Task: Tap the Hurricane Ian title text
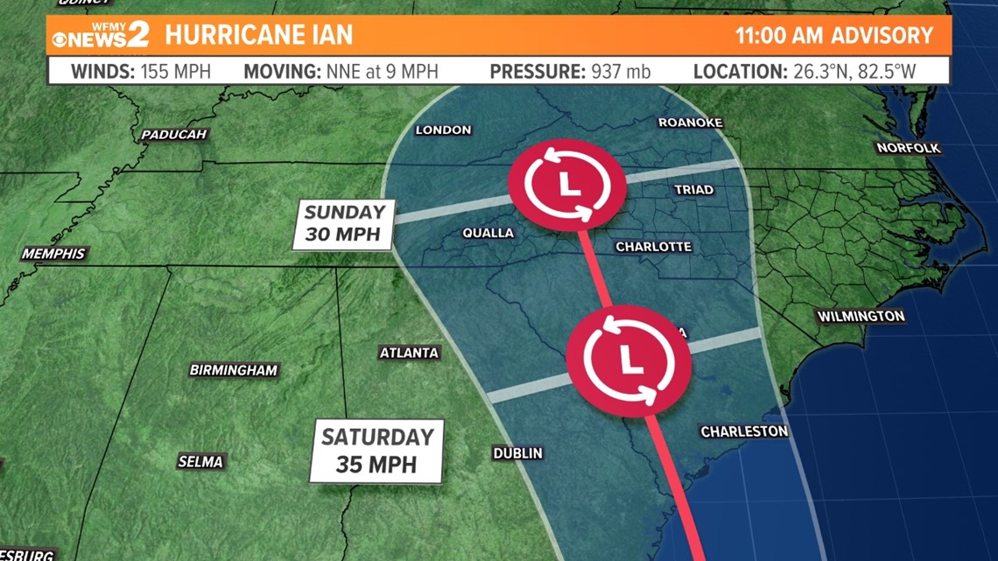pos(258,35)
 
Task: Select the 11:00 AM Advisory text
pos(834,36)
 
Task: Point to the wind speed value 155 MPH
pos(175,71)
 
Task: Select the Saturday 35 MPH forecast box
pos(377,450)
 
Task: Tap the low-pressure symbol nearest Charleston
pos(628,358)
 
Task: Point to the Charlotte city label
pos(653,247)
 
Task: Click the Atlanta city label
pos(409,353)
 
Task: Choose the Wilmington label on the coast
pos(861,316)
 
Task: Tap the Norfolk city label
pos(909,148)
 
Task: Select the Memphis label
pos(54,254)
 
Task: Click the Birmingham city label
pos(233,370)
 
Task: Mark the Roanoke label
pos(690,123)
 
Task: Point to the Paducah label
pos(173,135)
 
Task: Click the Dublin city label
pos(517,453)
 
